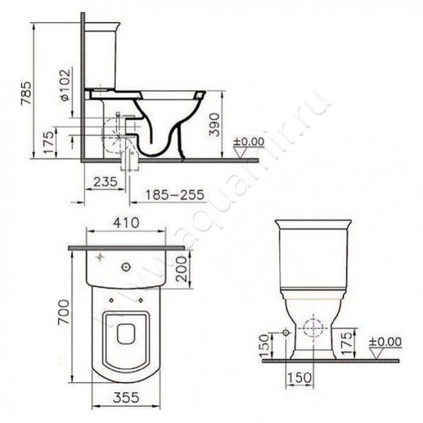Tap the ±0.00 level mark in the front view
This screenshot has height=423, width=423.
(x=386, y=342)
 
